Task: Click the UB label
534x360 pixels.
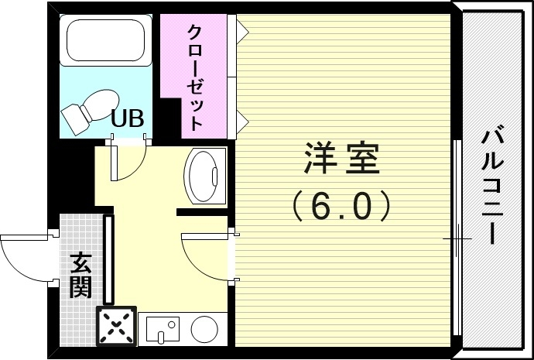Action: pos(127,118)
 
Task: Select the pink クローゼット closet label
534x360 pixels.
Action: pos(196,77)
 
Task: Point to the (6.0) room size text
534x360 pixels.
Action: pos(341,205)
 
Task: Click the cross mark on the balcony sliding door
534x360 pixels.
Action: pos(457,239)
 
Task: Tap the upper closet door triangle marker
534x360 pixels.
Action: pos(241,30)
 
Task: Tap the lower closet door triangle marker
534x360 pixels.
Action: pos(241,118)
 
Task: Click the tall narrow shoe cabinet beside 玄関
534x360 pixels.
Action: pos(109,260)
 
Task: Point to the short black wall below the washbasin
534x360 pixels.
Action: pos(201,211)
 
